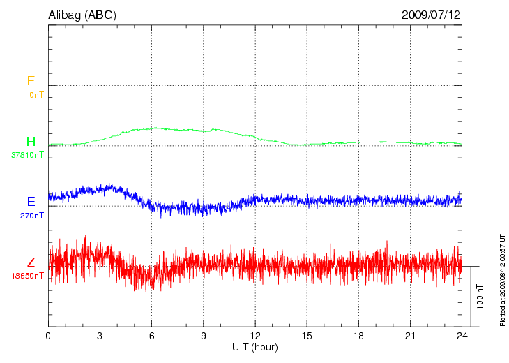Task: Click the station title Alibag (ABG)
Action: tap(82, 15)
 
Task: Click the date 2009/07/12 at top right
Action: tap(431, 15)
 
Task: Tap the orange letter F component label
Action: tap(31, 82)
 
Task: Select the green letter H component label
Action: tap(31, 142)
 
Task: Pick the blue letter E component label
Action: tap(31, 202)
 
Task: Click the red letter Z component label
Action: tap(31, 262)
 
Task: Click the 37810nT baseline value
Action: tap(28, 155)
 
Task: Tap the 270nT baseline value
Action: tap(32, 216)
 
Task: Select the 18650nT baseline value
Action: tap(28, 276)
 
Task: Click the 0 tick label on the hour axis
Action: tap(48, 336)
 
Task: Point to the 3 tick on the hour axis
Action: tap(100, 336)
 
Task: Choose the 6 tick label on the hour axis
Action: tap(151, 336)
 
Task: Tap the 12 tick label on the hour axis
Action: tap(255, 336)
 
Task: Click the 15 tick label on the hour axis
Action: tap(307, 336)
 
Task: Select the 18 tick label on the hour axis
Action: tap(358, 336)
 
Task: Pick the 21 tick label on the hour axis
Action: tap(410, 336)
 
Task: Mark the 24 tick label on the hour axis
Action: tap(462, 336)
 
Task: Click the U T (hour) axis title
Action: tap(255, 347)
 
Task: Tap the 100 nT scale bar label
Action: tap(480, 296)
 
